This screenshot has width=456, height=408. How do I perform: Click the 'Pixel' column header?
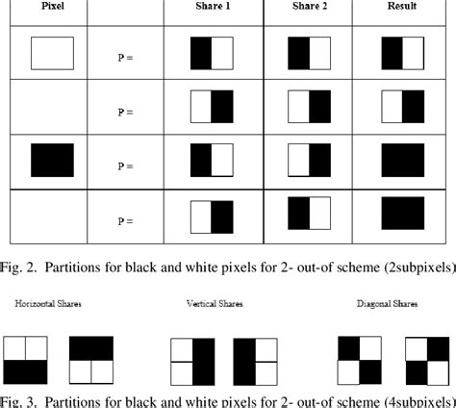click(44, 8)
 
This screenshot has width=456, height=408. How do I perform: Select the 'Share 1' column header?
click(212, 8)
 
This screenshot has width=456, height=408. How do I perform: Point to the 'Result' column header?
click(403, 8)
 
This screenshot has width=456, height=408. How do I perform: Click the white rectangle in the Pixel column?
click(52, 53)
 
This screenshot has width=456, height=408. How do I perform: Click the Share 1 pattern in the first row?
click(212, 53)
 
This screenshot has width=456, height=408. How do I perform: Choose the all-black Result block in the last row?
click(403, 214)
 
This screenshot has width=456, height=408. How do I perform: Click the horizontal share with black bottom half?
click(27, 359)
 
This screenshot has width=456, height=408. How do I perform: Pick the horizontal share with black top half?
click(91, 359)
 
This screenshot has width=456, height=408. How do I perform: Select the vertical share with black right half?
click(190, 361)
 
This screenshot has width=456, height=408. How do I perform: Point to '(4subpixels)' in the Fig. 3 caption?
click(414, 398)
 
